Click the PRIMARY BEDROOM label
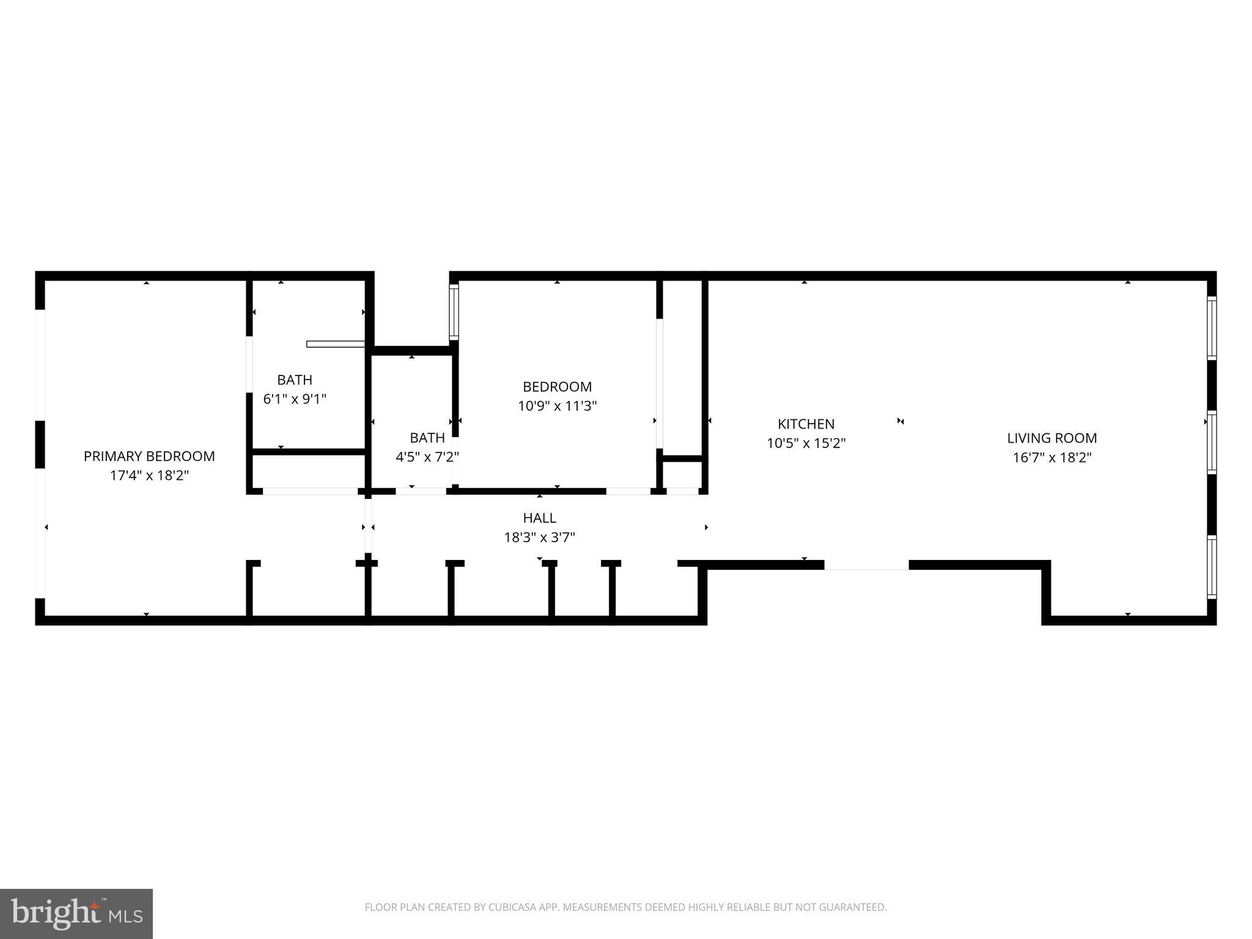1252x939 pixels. [x=149, y=456]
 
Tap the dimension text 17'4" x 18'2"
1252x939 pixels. [x=149, y=476]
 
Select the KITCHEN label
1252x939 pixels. [x=806, y=424]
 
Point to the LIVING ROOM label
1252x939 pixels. [x=1052, y=438]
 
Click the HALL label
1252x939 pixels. [x=539, y=518]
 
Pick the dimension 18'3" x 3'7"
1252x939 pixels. [x=539, y=537]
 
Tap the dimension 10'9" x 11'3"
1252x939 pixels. [x=557, y=406]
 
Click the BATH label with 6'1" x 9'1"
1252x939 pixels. [x=295, y=380]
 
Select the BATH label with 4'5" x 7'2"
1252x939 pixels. [x=427, y=438]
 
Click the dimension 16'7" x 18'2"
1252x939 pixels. [x=1052, y=457]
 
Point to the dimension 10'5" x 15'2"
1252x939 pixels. [x=806, y=443]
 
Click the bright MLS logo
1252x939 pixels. [x=76, y=913]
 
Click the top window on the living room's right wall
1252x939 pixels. [x=1212, y=328]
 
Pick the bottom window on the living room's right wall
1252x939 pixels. [x=1212, y=567]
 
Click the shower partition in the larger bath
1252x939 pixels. [x=336, y=344]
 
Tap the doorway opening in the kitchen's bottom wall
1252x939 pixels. [x=866, y=565]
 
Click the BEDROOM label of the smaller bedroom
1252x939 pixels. [x=557, y=386]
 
